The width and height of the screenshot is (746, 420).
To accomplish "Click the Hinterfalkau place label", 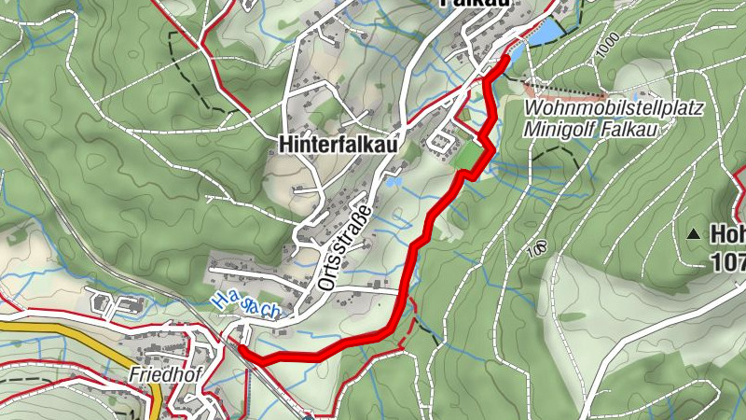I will click(338, 145).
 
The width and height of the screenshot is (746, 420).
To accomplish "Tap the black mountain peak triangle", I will click(695, 233).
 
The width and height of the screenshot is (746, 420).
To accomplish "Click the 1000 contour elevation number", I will click(608, 48).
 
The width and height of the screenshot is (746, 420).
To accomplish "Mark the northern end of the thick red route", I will click(506, 58).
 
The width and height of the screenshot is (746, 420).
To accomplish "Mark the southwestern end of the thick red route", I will click(242, 348).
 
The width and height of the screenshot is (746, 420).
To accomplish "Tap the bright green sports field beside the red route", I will click(468, 156).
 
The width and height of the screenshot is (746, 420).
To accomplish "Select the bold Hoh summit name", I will click(727, 233).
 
